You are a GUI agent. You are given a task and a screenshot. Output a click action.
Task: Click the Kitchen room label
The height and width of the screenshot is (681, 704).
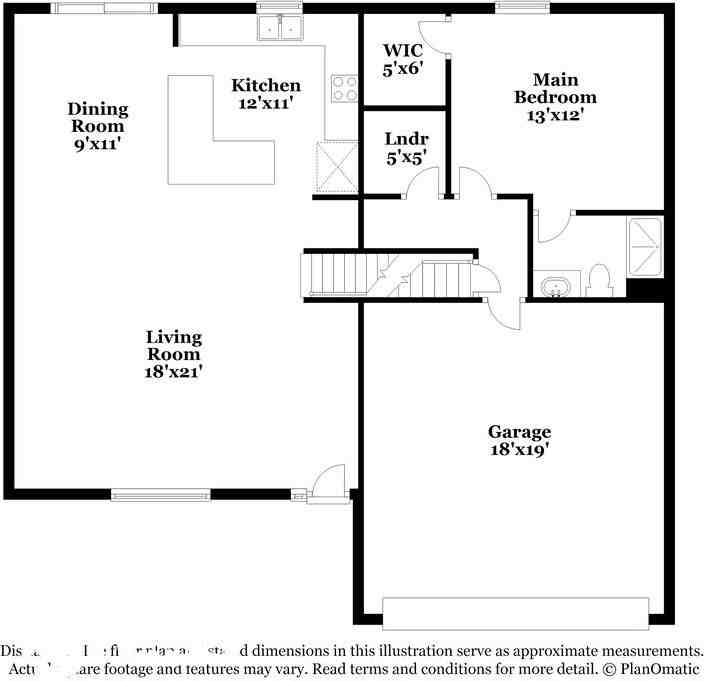click(x=265, y=86)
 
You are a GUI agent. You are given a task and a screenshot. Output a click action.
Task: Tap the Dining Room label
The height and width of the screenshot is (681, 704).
click(x=97, y=118)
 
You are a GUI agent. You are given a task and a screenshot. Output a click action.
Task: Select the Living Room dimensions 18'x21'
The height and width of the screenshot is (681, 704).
click(x=173, y=372)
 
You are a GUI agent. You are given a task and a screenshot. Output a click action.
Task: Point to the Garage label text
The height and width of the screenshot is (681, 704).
click(x=519, y=432)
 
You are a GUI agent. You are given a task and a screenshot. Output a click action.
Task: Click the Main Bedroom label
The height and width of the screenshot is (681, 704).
click(x=555, y=88)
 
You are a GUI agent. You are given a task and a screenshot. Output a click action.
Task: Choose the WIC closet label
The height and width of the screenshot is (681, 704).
click(x=403, y=50)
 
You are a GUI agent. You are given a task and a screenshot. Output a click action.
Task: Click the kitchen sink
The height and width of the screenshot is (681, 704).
click(x=280, y=29)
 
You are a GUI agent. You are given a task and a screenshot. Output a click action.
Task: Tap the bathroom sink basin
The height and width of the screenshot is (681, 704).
click(x=553, y=287)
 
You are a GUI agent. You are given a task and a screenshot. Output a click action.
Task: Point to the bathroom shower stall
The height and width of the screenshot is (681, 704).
click(x=644, y=246)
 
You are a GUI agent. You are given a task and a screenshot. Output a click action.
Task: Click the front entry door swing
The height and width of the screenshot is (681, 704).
click(x=327, y=481)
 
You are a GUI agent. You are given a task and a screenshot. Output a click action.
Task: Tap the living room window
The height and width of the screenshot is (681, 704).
click(x=160, y=493)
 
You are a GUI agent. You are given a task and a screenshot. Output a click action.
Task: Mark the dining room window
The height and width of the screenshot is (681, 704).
click(x=104, y=8)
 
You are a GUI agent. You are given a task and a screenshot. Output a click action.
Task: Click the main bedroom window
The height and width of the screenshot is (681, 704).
click(x=515, y=8)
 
